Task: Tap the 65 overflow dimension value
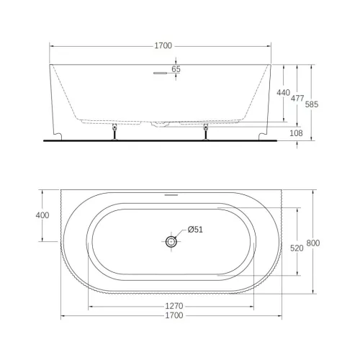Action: coord(176,70)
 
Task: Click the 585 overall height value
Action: coord(311,104)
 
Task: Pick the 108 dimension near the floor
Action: coord(296,133)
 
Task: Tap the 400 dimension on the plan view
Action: coord(42,215)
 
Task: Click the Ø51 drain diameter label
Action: coord(196,230)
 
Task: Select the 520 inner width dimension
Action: coord(295,248)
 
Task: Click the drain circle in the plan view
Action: coord(171,242)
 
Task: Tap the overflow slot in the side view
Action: coord(159,71)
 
